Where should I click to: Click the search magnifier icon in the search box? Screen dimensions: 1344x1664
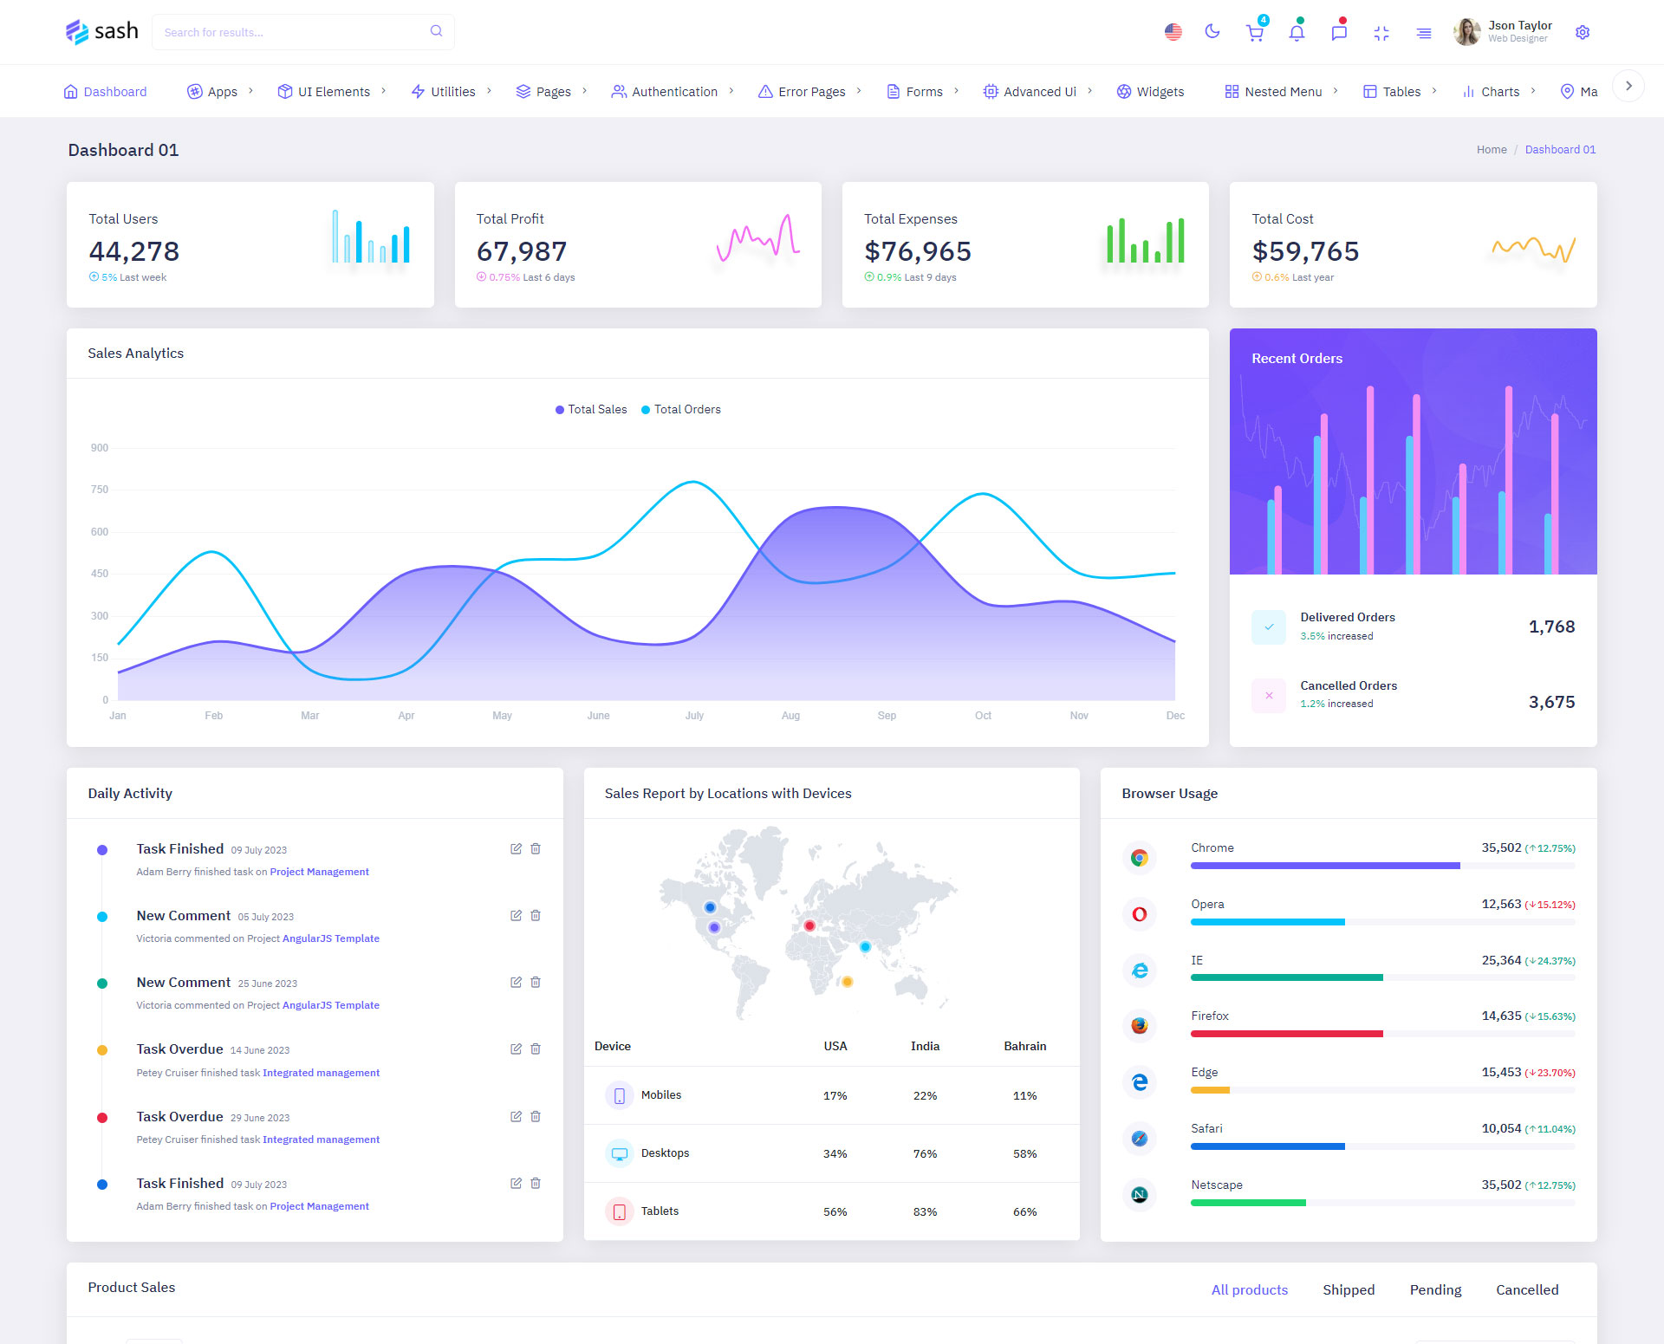click(436, 31)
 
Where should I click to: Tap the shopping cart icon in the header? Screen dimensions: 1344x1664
click(1254, 33)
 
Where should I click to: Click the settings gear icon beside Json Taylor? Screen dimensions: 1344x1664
click(1582, 32)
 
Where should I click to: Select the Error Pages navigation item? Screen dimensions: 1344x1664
click(810, 92)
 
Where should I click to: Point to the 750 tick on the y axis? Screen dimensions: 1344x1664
click(100, 490)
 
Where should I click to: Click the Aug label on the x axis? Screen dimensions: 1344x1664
click(790, 716)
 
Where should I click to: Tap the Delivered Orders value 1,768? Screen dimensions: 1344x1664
click(1551, 627)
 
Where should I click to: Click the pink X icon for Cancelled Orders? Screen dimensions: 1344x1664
click(1269, 695)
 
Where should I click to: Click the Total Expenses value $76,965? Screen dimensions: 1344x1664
click(917, 251)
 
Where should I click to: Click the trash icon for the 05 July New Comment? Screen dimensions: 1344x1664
click(536, 915)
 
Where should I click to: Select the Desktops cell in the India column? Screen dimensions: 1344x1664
click(925, 1153)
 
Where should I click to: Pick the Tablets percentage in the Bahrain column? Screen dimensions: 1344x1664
click(1024, 1211)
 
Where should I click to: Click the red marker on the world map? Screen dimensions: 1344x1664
click(809, 925)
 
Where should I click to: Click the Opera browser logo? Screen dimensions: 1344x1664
click(1140, 913)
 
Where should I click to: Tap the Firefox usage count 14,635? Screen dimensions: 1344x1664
click(1501, 1016)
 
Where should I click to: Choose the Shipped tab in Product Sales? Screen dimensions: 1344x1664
click(1349, 1289)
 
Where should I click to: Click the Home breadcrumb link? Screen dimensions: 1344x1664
click(1492, 150)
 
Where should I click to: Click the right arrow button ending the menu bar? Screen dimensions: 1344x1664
click(1628, 86)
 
